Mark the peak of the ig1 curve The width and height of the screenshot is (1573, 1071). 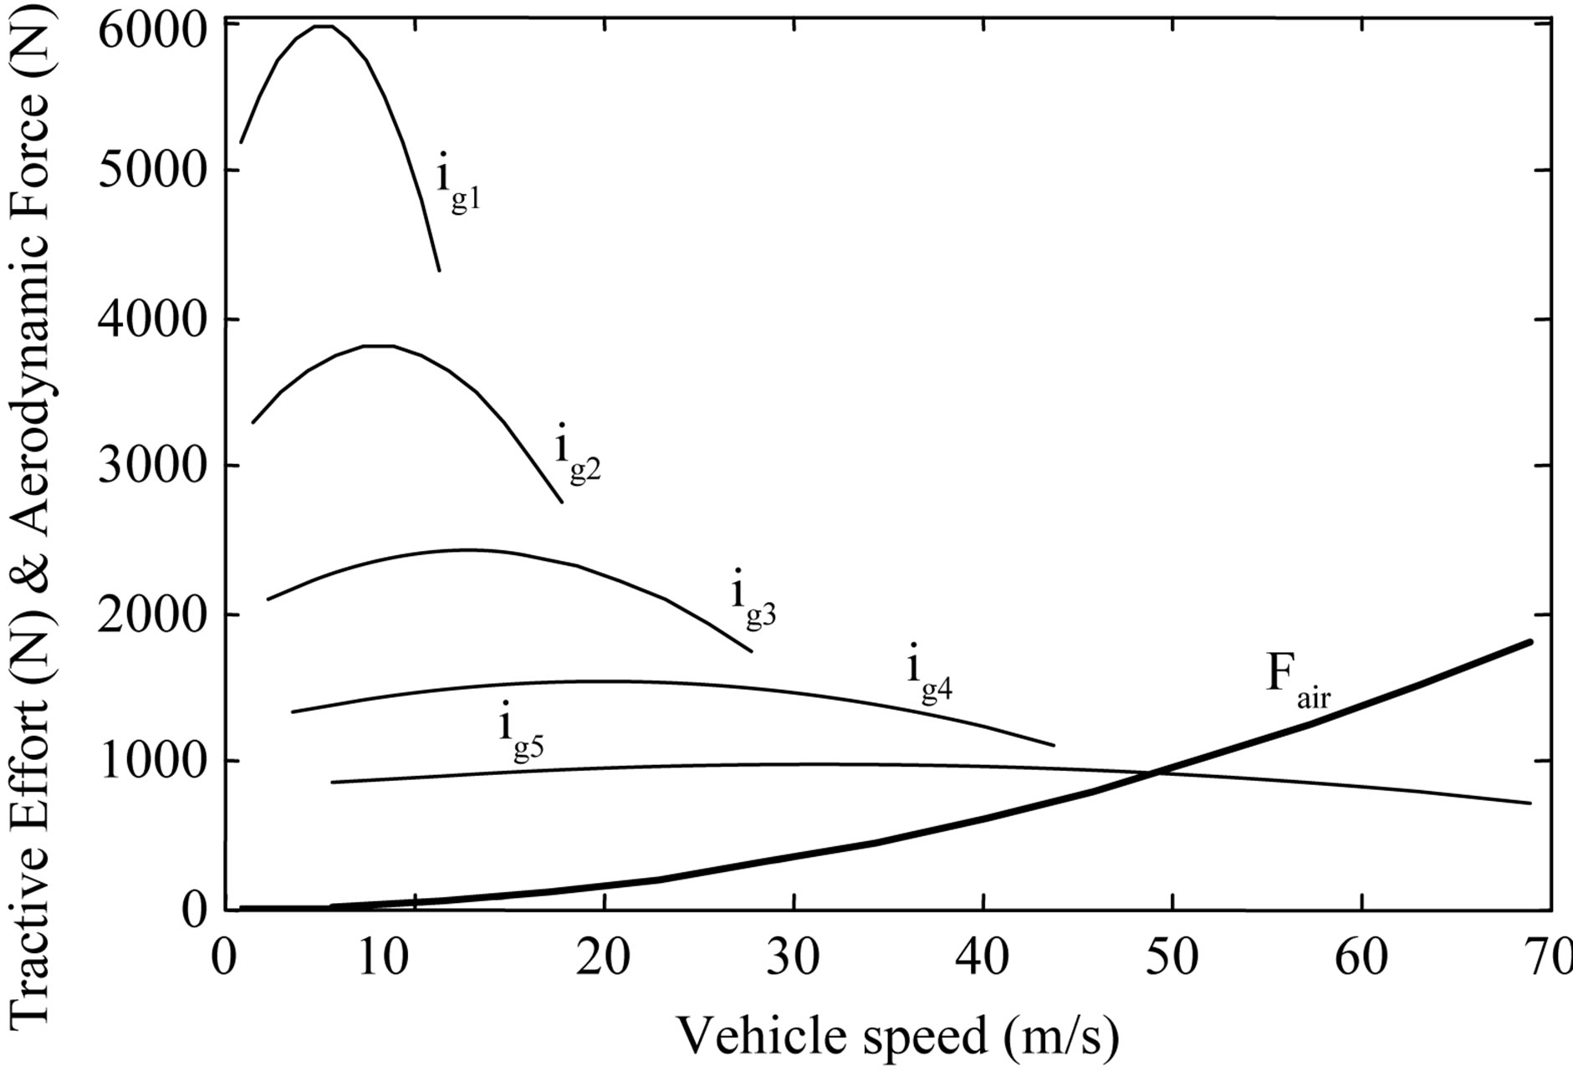pyautogui.click(x=323, y=26)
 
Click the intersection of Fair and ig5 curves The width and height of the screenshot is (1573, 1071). pyautogui.click(x=1158, y=772)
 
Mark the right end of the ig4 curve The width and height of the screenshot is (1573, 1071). pyautogui.click(x=1054, y=745)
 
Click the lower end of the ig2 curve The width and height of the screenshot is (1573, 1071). pyautogui.click(x=561, y=502)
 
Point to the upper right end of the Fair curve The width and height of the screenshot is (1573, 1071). pyautogui.click(x=1530, y=642)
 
